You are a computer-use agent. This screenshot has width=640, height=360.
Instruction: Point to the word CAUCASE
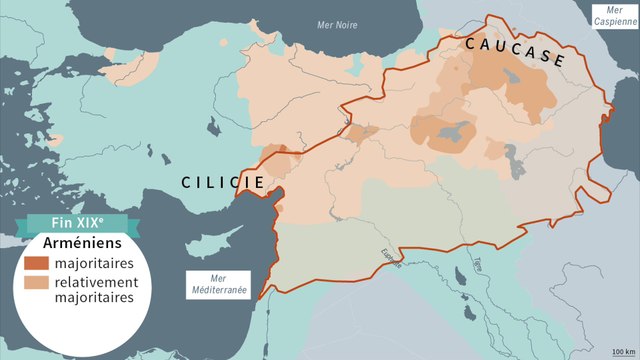point(514,52)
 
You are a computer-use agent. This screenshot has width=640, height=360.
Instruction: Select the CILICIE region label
point(222,182)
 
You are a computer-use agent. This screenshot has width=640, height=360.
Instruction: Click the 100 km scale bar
point(621,349)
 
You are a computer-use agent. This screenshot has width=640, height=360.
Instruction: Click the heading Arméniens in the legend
point(85,243)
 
